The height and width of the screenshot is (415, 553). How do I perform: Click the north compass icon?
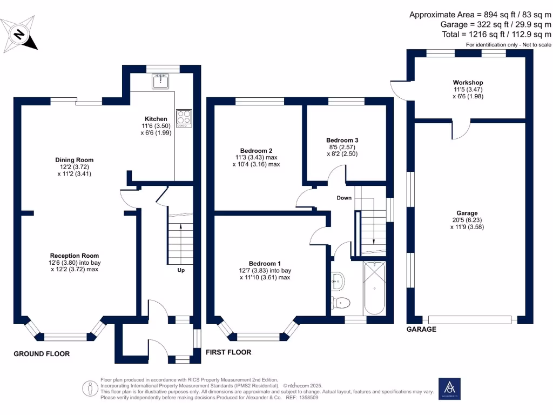tap(20, 35)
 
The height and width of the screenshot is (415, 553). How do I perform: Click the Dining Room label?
tap(74, 160)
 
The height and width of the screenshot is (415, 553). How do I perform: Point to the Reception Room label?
tap(75, 256)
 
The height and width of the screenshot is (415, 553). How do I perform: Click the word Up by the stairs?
tap(181, 270)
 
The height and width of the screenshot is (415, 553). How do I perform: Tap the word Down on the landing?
tap(344, 198)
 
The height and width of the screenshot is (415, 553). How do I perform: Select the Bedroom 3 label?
tap(342, 140)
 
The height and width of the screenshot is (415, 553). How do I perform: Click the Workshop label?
tap(468, 83)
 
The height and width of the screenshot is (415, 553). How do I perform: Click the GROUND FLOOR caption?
tap(42, 354)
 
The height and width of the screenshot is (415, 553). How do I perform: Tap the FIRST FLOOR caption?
tap(228, 352)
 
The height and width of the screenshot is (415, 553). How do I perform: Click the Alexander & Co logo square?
tap(449, 389)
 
